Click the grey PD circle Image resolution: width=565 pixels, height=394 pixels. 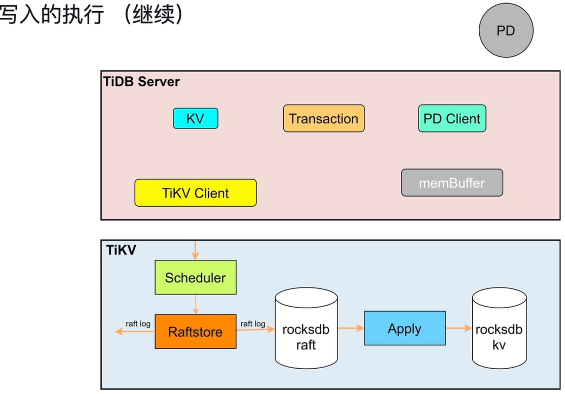click(506, 30)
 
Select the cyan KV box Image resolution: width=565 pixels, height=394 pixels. click(195, 118)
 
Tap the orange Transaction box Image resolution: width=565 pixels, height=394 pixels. click(324, 118)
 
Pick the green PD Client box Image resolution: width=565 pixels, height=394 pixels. click(452, 118)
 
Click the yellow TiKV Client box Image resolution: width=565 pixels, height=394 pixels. click(195, 193)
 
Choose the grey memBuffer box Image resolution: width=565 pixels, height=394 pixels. click(452, 183)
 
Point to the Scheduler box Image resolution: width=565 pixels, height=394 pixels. click(195, 277)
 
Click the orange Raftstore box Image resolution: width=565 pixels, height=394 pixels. click(195, 332)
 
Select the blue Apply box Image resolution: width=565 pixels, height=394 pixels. click(405, 329)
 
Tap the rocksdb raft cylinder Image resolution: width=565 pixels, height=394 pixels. click(306, 329)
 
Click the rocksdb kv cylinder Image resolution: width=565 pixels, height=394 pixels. click(499, 329)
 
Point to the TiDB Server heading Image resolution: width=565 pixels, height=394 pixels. click(141, 82)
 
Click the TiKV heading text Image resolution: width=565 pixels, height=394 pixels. click(121, 250)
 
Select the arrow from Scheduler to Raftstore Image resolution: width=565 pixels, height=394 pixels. click(196, 305)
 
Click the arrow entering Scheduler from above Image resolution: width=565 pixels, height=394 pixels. click(195, 250)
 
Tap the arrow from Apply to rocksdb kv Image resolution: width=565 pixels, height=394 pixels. click(459, 328)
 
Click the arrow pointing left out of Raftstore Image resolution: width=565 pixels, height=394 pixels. click(135, 331)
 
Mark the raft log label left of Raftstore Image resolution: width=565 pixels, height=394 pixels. click(138, 323)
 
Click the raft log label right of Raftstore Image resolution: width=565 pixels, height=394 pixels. click(253, 323)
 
